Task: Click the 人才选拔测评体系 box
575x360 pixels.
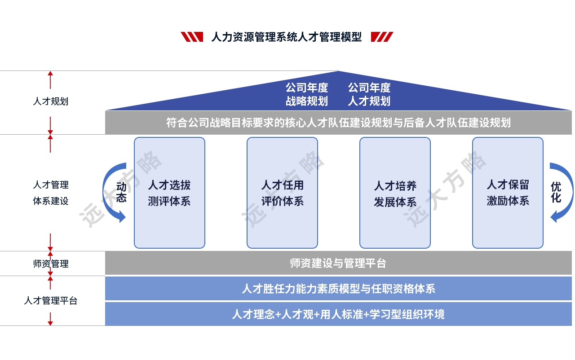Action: pos(169,193)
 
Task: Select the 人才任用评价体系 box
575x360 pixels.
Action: pos(282,193)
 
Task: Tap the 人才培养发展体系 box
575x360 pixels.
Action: pos(395,193)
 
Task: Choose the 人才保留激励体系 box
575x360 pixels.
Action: pos(508,193)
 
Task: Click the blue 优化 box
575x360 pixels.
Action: pos(562,192)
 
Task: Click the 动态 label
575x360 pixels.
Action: pos(121,192)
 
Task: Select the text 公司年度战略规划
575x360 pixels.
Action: pos(307,94)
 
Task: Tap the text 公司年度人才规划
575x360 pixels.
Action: pos(369,94)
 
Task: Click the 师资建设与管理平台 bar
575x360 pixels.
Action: pos(338,263)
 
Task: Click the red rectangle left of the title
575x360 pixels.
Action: pos(191,37)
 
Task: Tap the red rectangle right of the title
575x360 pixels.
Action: pos(382,37)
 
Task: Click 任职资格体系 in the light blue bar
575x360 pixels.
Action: pos(403,289)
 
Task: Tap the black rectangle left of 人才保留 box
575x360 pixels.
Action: pos(451,189)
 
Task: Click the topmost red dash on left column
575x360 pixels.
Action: pos(50,79)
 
